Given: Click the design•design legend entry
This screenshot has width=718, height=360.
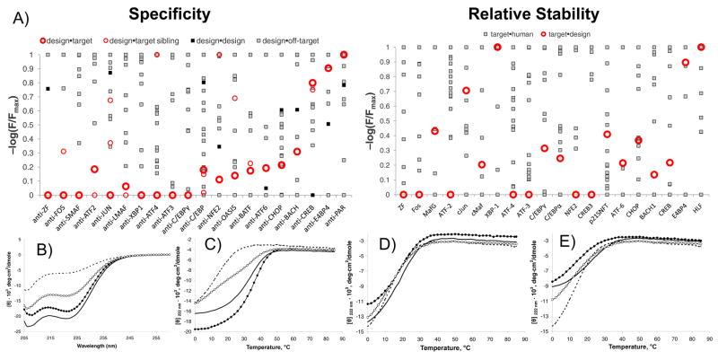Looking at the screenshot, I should click(230, 40).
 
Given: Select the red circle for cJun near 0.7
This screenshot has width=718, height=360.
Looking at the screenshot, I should click(467, 91).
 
